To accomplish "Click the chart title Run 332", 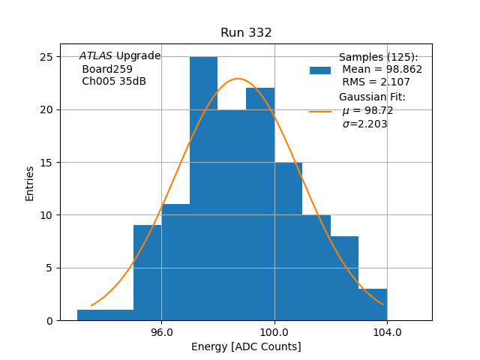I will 246,33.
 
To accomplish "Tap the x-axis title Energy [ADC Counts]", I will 246,346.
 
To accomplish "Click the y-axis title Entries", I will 30,183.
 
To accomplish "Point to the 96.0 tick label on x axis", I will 162,331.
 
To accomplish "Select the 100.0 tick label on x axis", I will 274,331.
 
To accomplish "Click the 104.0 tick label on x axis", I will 387,331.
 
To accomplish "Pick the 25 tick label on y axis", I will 45,57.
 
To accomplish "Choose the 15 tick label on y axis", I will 45,163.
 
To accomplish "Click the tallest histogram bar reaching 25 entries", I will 204,188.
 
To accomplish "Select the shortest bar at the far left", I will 105,315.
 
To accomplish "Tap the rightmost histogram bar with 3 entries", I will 373,304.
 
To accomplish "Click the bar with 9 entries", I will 148,273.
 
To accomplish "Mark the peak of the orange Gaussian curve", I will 238,79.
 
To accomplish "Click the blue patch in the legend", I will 320,70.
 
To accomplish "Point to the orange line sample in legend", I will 320,112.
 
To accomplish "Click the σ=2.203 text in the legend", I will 365,124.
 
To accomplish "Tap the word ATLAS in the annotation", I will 96,56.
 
